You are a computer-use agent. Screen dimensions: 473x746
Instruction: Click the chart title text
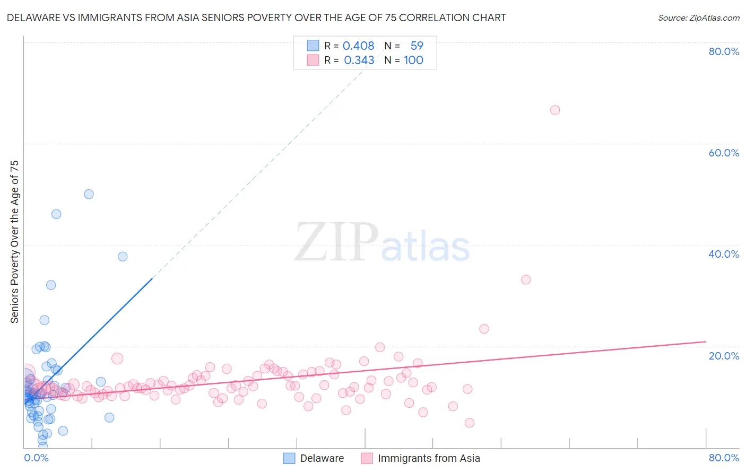click(x=256, y=17)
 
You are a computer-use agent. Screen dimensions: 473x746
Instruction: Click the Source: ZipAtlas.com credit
click(x=698, y=17)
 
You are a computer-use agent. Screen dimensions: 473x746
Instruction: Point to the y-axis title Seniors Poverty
click(x=14, y=241)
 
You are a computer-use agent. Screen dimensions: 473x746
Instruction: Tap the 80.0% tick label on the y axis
click(x=724, y=51)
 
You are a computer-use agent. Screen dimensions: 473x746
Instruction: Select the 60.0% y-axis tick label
click(x=724, y=153)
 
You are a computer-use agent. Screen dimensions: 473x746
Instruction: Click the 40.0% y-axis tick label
click(x=724, y=254)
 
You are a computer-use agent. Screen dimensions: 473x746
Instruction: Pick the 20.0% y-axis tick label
click(x=724, y=356)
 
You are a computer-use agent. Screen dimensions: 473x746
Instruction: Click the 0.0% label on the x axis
click(x=36, y=458)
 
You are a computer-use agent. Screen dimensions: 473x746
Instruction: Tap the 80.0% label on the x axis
click(x=724, y=458)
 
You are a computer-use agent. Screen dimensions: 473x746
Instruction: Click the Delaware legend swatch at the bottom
click(x=289, y=458)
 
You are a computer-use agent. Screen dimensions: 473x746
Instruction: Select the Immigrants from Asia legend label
click(x=429, y=458)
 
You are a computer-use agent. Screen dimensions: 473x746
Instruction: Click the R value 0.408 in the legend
click(x=358, y=46)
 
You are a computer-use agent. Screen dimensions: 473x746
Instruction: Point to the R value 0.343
click(x=359, y=60)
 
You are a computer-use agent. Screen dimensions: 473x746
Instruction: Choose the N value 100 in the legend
click(x=413, y=60)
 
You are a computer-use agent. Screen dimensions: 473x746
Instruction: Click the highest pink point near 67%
click(x=555, y=110)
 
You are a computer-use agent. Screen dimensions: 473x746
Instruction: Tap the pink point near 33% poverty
click(x=526, y=280)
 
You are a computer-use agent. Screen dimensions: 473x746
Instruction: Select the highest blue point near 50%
click(x=89, y=195)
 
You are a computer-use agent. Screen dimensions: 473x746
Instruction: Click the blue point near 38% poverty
click(x=123, y=257)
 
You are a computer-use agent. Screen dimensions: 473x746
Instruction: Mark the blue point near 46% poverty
click(x=56, y=214)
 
